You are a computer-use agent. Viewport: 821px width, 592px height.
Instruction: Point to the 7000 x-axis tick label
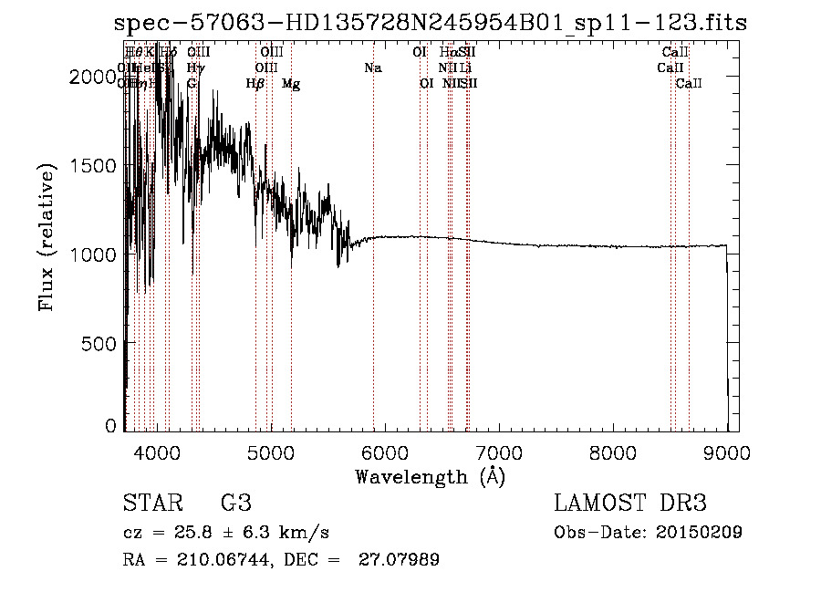(x=498, y=453)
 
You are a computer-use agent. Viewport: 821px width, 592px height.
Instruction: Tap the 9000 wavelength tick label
(x=726, y=453)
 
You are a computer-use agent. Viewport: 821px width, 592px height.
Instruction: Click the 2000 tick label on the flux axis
(x=93, y=78)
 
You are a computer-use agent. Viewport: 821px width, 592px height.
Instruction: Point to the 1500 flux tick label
(x=93, y=166)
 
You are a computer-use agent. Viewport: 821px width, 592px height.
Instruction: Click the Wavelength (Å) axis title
(x=430, y=476)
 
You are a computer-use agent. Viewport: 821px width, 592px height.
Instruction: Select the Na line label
(x=372, y=68)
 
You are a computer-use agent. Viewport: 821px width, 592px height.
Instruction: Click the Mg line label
(x=291, y=84)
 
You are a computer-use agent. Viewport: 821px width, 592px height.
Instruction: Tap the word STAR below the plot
(x=150, y=504)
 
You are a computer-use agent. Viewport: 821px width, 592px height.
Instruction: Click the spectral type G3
(x=235, y=504)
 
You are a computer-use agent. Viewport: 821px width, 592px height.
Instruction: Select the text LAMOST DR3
(x=630, y=504)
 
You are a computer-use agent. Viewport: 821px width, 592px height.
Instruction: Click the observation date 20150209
(x=703, y=532)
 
